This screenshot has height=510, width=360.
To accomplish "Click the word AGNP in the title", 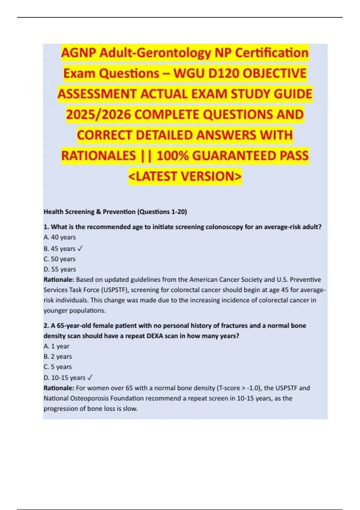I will click(79, 53).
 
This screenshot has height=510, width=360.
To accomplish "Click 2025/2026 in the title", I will click(98, 115).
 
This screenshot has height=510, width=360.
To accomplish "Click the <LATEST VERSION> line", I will click(185, 176).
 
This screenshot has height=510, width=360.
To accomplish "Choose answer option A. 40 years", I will click(59, 237).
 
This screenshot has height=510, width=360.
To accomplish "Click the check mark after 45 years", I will click(80, 249).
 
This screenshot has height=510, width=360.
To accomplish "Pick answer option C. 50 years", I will click(59, 259).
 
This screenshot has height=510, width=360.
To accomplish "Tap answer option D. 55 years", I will click(59, 269).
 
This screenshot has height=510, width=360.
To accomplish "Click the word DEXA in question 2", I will click(155, 336).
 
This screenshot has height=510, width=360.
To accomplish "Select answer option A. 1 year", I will click(56, 346).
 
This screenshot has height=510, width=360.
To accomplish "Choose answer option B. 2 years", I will click(58, 357).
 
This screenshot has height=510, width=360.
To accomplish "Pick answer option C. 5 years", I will click(58, 367).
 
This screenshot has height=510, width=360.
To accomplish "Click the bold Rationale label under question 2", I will click(59, 388).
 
